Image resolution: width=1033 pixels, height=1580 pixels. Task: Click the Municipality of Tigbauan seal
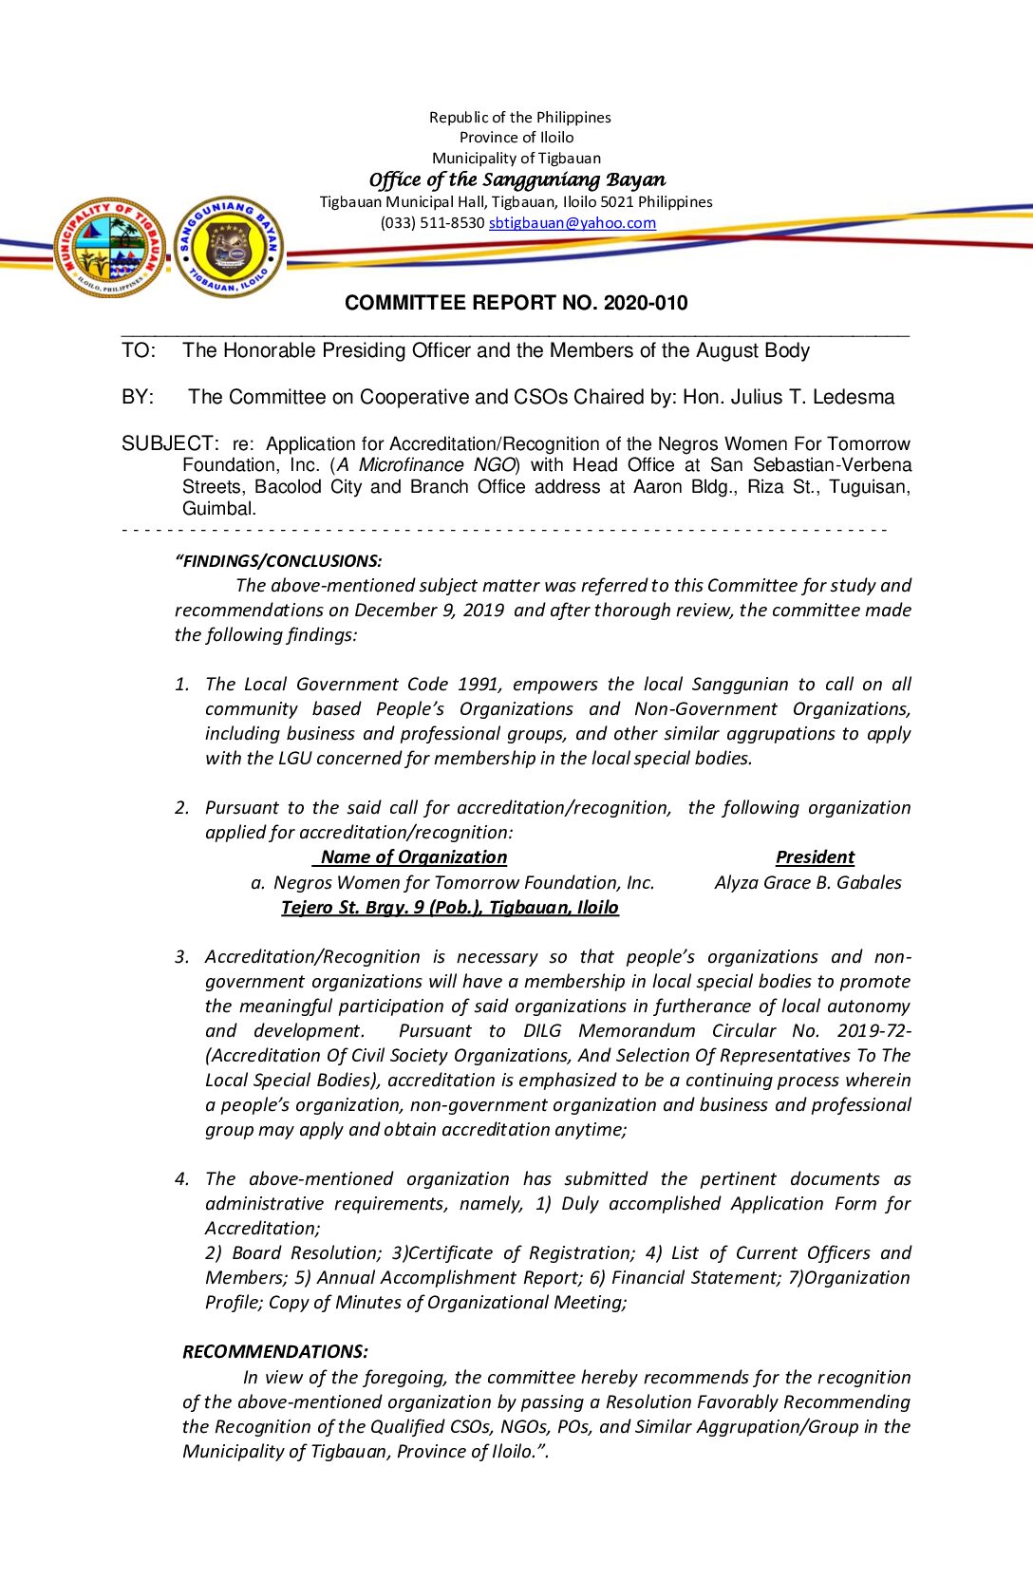pyautogui.click(x=110, y=248)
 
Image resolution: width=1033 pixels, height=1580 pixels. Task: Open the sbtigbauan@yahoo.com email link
pyautogui.click(x=572, y=223)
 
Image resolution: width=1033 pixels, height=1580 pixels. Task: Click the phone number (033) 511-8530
pyautogui.click(x=432, y=223)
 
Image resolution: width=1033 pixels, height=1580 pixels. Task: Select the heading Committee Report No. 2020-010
pyautogui.click(x=516, y=303)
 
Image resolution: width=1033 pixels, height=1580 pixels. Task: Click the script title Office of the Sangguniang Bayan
pyautogui.click(x=516, y=179)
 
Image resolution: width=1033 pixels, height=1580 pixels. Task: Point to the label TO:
pyautogui.click(x=139, y=350)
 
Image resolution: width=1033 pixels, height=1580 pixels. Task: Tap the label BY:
pyautogui.click(x=138, y=397)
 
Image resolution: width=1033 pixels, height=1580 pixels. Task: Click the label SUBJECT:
pyautogui.click(x=170, y=443)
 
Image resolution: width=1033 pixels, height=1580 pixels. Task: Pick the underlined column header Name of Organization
pyautogui.click(x=413, y=856)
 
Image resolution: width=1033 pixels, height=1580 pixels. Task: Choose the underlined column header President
pyautogui.click(x=815, y=856)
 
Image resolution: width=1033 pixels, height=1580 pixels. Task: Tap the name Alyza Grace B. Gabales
pyautogui.click(x=808, y=882)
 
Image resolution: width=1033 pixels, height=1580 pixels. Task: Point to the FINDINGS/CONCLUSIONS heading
pyautogui.click(x=278, y=561)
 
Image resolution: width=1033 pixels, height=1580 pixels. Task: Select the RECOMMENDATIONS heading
pyautogui.click(x=275, y=1351)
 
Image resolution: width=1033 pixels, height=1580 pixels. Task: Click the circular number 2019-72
pyautogui.click(x=874, y=1030)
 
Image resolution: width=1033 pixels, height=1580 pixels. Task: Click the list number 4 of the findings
pyautogui.click(x=181, y=1179)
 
